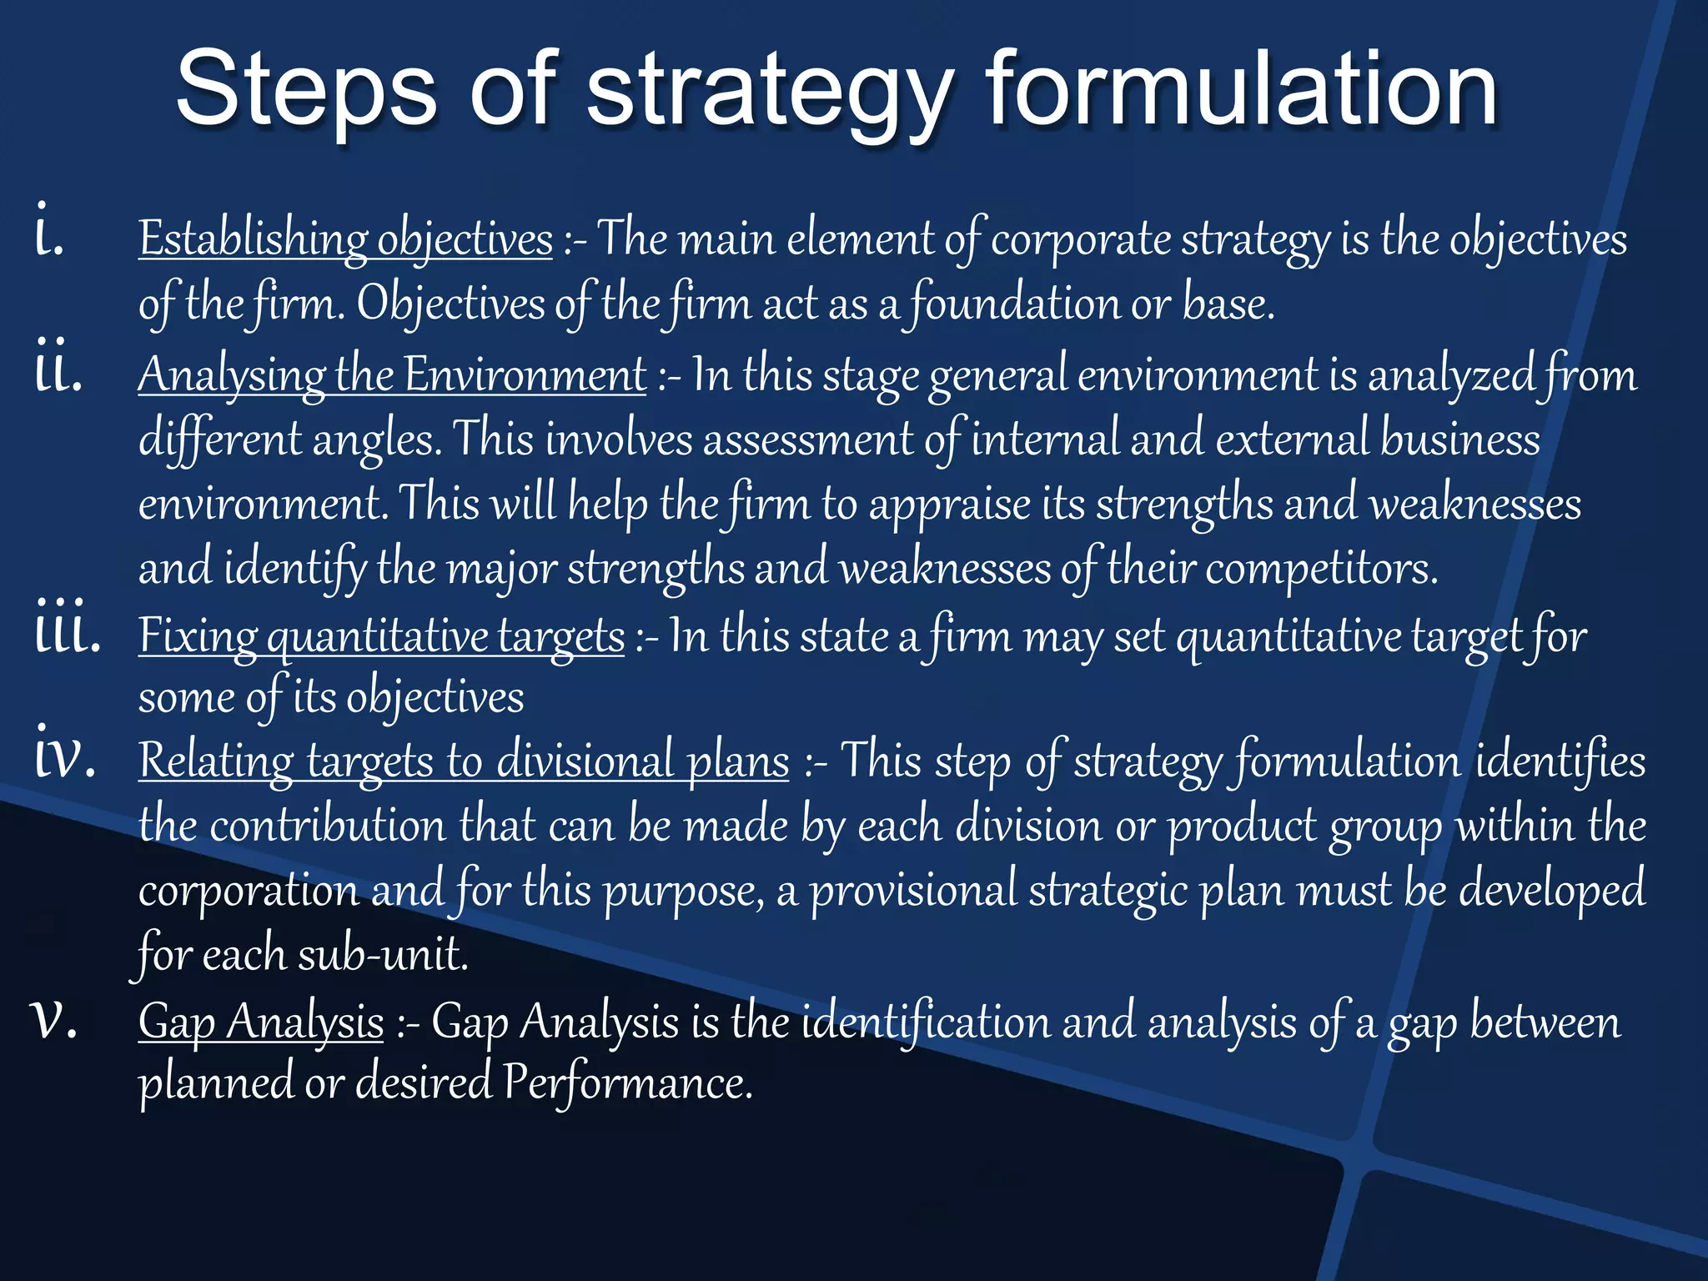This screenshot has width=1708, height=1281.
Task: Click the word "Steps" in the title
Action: click(305, 90)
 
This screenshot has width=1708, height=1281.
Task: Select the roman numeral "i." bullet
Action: click(49, 229)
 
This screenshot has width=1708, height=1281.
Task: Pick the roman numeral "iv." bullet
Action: click(65, 755)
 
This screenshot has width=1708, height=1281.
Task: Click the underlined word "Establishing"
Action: click(253, 240)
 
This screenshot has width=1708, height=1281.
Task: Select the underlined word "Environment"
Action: click(525, 375)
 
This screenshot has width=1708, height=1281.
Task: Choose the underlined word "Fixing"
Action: click(198, 637)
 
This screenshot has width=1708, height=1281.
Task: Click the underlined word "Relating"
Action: click(216, 762)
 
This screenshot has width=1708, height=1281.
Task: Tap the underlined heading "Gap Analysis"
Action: click(261, 1022)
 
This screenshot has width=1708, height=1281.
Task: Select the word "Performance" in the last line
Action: click(627, 1083)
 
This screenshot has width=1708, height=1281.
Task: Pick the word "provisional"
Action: click(913, 891)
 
